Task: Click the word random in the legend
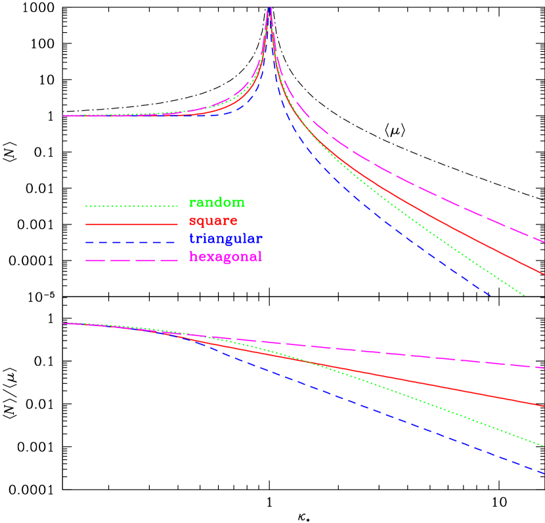(x=217, y=203)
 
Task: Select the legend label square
(x=213, y=220)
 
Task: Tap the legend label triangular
(x=225, y=239)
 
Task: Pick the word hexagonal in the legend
(x=225, y=257)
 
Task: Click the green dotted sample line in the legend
(x=131, y=206)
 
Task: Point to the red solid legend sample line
(x=131, y=224)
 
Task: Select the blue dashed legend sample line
(x=131, y=242)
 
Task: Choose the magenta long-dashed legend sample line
(x=131, y=261)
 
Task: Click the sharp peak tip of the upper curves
(x=269, y=8)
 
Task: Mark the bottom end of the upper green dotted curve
(x=524, y=295)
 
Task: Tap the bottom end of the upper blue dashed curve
(x=490, y=296)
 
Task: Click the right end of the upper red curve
(x=544, y=274)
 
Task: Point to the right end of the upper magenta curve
(x=544, y=242)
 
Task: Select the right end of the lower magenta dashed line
(x=544, y=367)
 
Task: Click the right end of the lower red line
(x=544, y=406)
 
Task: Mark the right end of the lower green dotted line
(x=544, y=446)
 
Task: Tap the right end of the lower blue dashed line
(x=544, y=472)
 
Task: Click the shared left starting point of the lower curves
(x=64, y=323)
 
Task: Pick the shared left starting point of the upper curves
(x=64, y=115)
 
